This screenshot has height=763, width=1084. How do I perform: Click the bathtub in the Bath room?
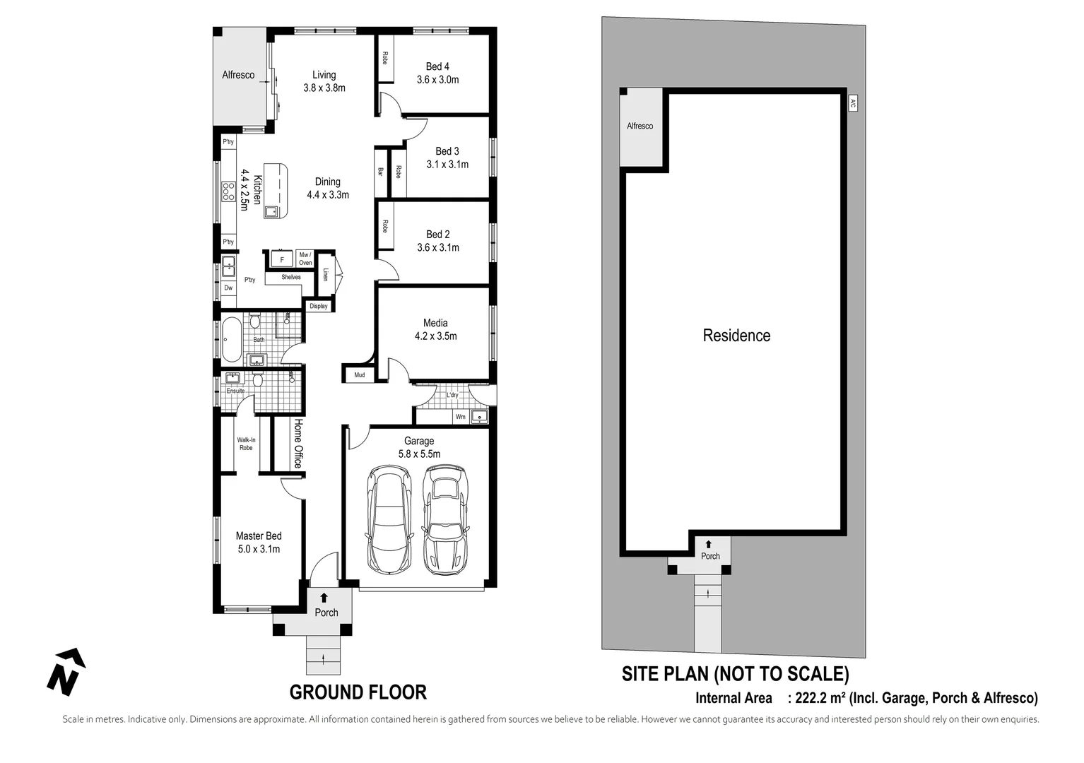tap(231, 340)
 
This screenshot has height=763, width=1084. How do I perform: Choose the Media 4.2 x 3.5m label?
tap(435, 329)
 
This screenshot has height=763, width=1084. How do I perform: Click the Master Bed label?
tap(259, 542)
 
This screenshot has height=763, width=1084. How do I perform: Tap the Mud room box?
tap(360, 374)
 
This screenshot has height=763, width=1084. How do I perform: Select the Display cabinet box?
tap(319, 306)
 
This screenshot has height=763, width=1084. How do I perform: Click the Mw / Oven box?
tap(305, 259)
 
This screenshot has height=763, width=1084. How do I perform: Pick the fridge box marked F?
tap(282, 260)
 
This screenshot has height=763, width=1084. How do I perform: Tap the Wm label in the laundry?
tap(461, 417)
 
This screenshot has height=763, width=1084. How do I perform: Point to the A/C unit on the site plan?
tap(853, 103)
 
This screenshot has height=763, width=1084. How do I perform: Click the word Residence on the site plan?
tap(736, 336)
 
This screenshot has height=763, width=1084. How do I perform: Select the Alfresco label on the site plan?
tap(640, 126)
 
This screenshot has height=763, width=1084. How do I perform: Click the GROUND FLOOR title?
tap(358, 692)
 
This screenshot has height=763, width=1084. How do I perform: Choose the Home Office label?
tap(298, 444)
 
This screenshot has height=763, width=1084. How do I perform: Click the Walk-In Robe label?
tap(246, 444)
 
